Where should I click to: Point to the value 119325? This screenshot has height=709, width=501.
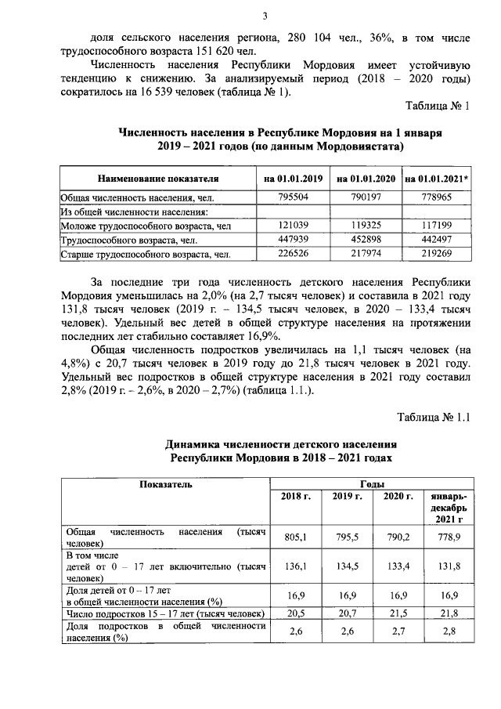click(x=365, y=226)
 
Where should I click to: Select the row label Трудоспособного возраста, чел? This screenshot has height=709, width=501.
click(x=121, y=240)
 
